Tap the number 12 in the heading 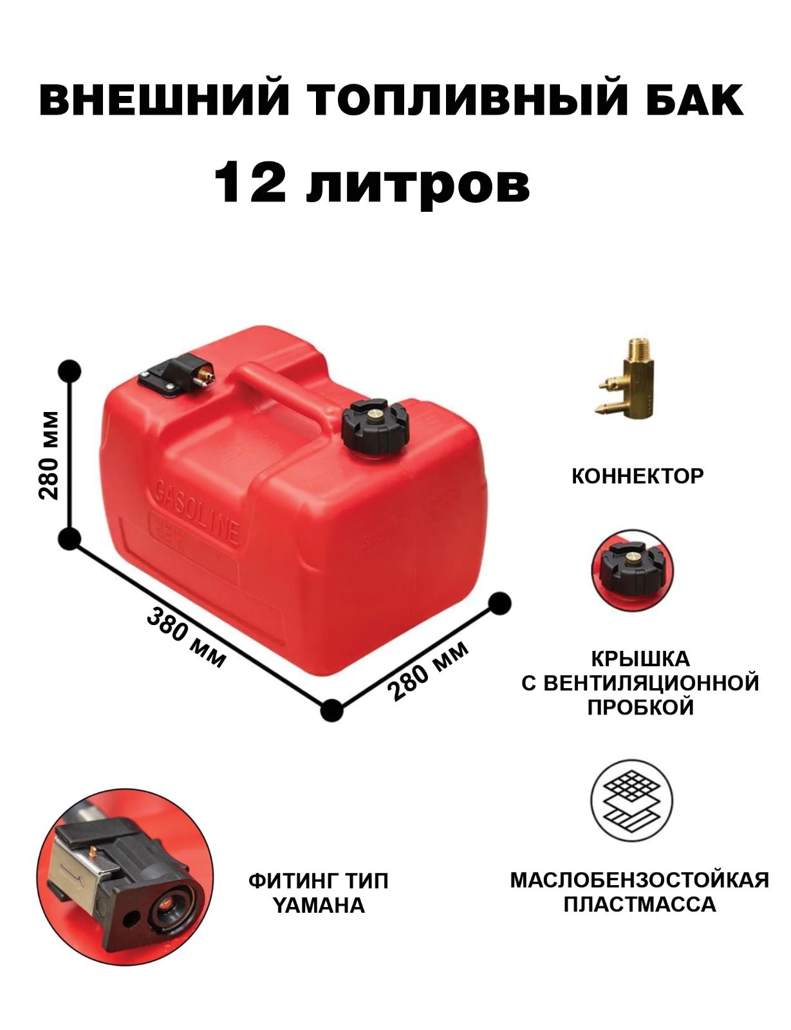pos(250,182)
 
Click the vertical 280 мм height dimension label pos(49,456)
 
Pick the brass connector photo pos(626,379)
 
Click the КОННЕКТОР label pos(637,476)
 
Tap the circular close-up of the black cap pos(632,571)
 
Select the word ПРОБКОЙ pos(640,720)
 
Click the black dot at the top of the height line pos(70,371)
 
